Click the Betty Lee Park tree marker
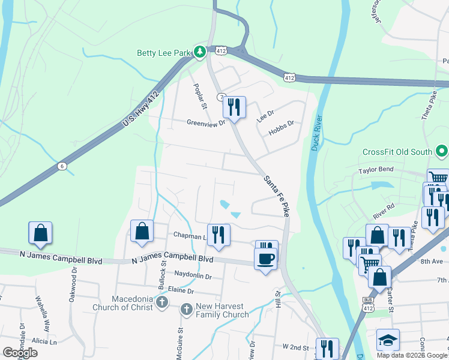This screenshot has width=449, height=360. point(199,53)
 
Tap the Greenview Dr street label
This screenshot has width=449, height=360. point(205,123)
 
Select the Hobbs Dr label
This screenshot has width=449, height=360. point(281,128)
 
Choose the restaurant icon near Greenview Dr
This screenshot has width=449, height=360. point(234,107)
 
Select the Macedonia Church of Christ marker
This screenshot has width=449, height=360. point(161,302)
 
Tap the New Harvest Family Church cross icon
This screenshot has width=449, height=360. point(186,310)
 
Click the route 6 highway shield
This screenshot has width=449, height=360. point(61,166)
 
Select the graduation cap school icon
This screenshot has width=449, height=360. point(388,340)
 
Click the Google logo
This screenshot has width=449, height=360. point(20,353)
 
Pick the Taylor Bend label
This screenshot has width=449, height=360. point(376,170)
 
